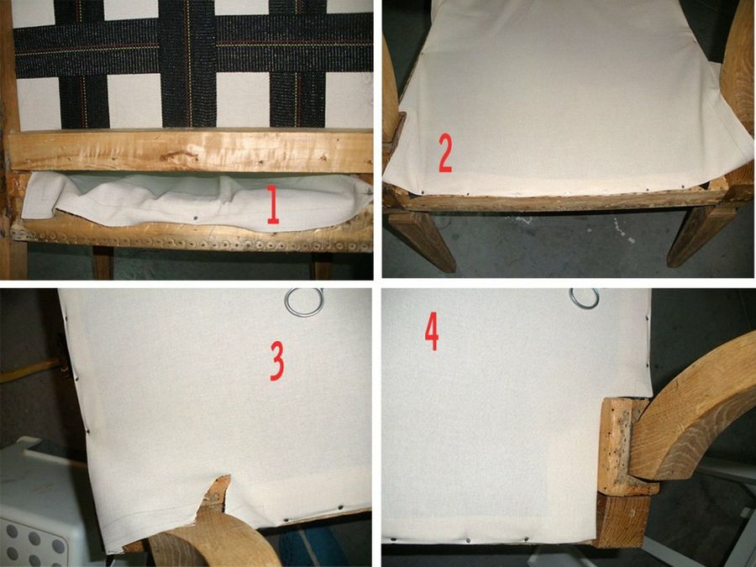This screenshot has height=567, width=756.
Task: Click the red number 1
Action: [x=273, y=205]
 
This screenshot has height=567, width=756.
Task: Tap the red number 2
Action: [x=445, y=154]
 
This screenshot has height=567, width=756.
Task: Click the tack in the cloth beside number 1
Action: [x=195, y=218]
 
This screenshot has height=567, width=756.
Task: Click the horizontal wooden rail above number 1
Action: [x=192, y=150]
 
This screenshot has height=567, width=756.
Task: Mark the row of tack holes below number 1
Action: [x=193, y=241]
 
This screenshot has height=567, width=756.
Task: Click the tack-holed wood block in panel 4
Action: [x=622, y=446]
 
